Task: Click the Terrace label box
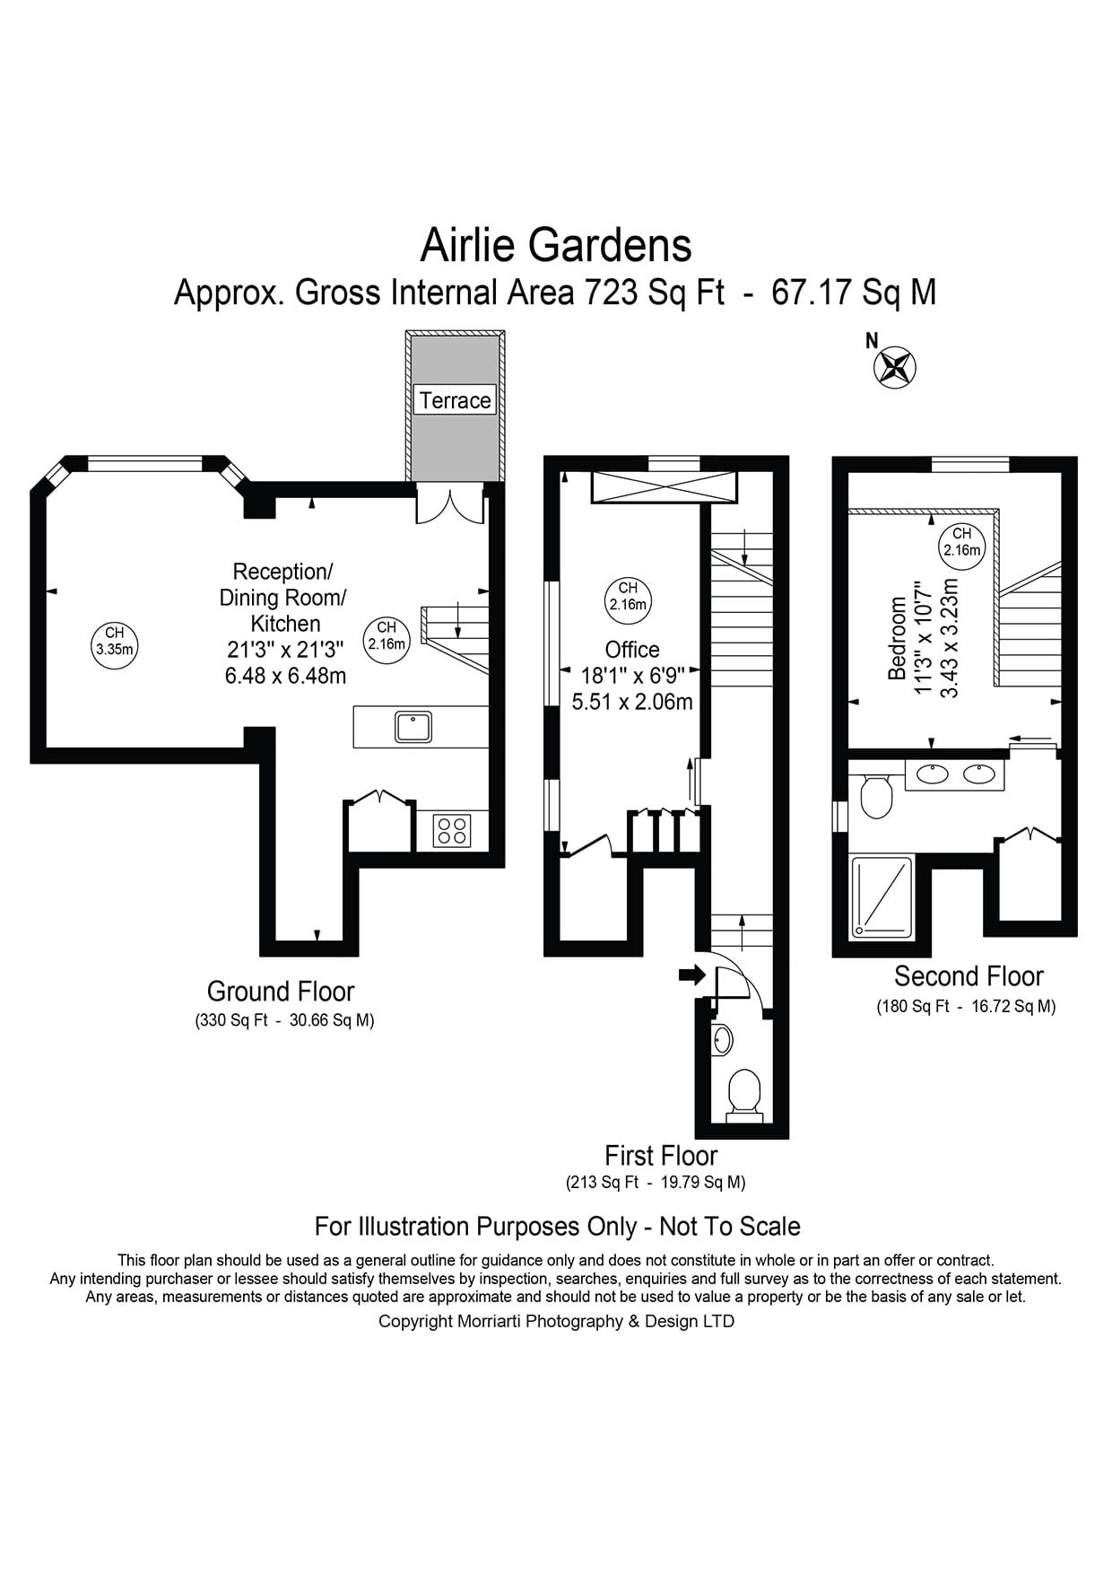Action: [456, 399]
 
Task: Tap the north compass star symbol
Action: [895, 367]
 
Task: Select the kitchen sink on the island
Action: [413, 727]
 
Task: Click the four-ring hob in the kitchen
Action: [452, 830]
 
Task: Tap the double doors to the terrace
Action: [449, 505]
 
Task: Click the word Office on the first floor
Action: [631, 649]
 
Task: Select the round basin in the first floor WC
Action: [723, 1040]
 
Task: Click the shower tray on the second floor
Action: [882, 897]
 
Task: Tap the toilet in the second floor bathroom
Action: [875, 797]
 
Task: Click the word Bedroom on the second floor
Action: [896, 638]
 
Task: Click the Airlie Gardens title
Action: [556, 244]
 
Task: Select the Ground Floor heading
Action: [281, 992]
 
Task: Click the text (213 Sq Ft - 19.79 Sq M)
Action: [656, 1182]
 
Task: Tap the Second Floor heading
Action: [969, 976]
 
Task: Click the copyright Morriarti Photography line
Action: [556, 1321]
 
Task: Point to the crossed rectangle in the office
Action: [664, 487]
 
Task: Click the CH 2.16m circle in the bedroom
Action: [961, 542]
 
